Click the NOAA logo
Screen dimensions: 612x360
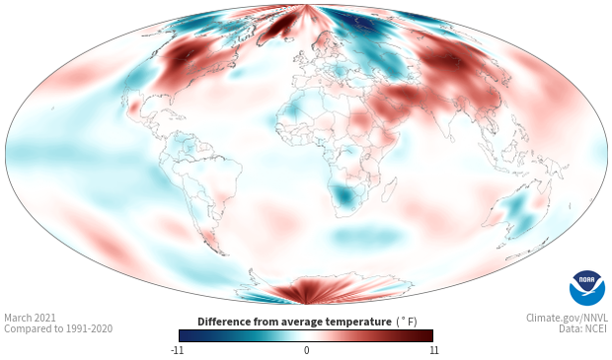586,288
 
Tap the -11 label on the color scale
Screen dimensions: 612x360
177,350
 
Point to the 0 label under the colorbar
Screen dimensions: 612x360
306,350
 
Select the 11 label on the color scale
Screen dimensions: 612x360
434,350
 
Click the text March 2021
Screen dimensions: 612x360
30,318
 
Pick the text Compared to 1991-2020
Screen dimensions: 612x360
58,328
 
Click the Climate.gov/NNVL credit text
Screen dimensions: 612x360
567,318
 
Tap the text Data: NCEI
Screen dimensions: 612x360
583,328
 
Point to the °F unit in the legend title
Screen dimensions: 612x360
407,322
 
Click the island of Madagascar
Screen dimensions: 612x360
389,190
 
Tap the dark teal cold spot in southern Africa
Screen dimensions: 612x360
344,195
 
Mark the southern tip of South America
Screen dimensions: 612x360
223,253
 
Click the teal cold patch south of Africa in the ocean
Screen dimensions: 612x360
366,236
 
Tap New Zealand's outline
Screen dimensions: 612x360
528,251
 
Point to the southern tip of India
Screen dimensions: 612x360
451,141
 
